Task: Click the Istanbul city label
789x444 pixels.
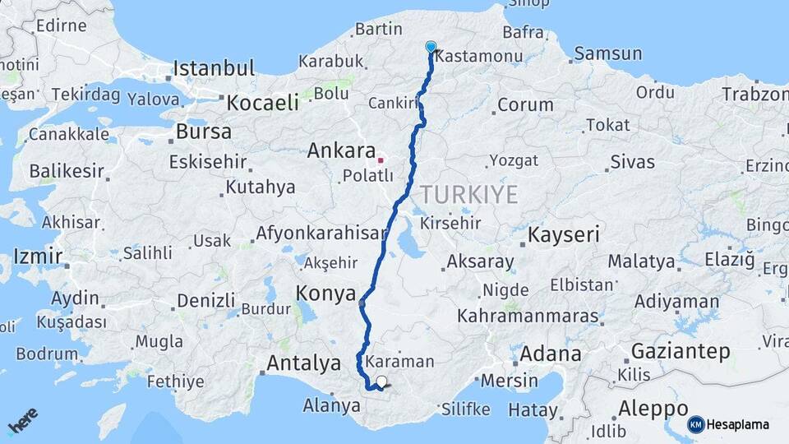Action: (x=214, y=67)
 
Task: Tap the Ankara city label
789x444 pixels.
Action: (x=341, y=150)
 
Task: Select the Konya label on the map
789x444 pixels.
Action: (x=325, y=294)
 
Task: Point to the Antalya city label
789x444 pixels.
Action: (x=304, y=363)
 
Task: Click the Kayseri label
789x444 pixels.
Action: (x=565, y=234)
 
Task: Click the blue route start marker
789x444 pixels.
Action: (x=431, y=47)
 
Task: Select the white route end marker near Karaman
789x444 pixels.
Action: (x=381, y=382)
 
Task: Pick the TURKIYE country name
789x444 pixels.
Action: (x=469, y=195)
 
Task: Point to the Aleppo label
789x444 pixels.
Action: (x=653, y=409)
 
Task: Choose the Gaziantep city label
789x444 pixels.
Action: (x=681, y=352)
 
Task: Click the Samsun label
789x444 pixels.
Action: (x=608, y=54)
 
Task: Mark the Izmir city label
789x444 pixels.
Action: (x=37, y=257)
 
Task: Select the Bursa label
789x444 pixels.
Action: (x=204, y=132)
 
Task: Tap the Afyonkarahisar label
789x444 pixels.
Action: (x=321, y=233)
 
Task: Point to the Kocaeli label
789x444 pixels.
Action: (x=263, y=103)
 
